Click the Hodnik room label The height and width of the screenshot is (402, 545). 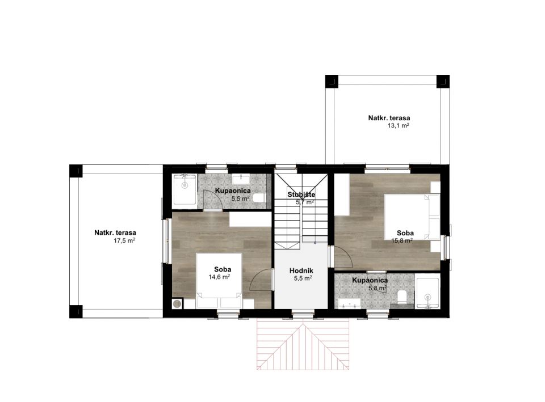pyautogui.click(x=301, y=271)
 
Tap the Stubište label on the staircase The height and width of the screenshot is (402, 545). pyautogui.click(x=301, y=194)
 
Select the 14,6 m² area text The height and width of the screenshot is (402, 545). pyautogui.click(x=219, y=277)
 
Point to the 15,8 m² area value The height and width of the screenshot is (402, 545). pyautogui.click(x=402, y=240)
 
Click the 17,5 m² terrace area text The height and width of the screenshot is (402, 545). pyautogui.click(x=124, y=240)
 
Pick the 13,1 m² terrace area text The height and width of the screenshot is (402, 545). pyautogui.click(x=399, y=125)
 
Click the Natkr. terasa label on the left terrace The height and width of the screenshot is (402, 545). pyautogui.click(x=115, y=232)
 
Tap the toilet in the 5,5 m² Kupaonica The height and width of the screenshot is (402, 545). pyautogui.click(x=259, y=198)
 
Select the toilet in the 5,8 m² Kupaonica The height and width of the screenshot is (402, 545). pyautogui.click(x=402, y=297)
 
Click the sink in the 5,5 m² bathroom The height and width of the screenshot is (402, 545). pyautogui.click(x=241, y=180)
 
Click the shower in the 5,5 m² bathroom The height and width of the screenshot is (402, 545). pyautogui.click(x=185, y=189)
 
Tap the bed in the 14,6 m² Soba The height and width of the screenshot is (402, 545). pyautogui.click(x=219, y=281)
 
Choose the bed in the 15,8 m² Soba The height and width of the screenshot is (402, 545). pyautogui.click(x=412, y=217)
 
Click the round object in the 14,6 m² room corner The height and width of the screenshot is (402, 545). pyautogui.click(x=177, y=303)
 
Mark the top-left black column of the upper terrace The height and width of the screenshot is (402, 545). pyautogui.click(x=332, y=81)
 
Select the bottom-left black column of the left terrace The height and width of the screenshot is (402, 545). pyautogui.click(x=76, y=311)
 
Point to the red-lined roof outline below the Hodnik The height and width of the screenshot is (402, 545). pyautogui.click(x=303, y=344)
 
